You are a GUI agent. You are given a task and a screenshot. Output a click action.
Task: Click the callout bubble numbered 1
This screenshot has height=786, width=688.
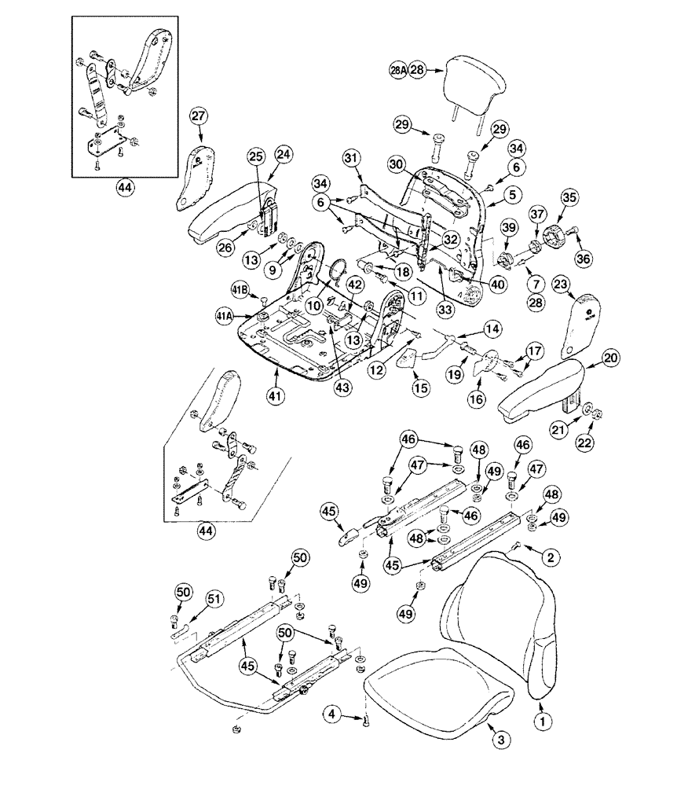coord(540,718)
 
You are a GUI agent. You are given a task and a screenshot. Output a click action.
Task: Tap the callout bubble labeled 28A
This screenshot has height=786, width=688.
coord(398,70)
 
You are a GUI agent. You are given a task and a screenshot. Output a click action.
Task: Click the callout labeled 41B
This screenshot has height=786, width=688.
coord(240,289)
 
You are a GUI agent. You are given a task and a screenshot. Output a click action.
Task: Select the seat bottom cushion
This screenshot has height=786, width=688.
coord(440,684)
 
